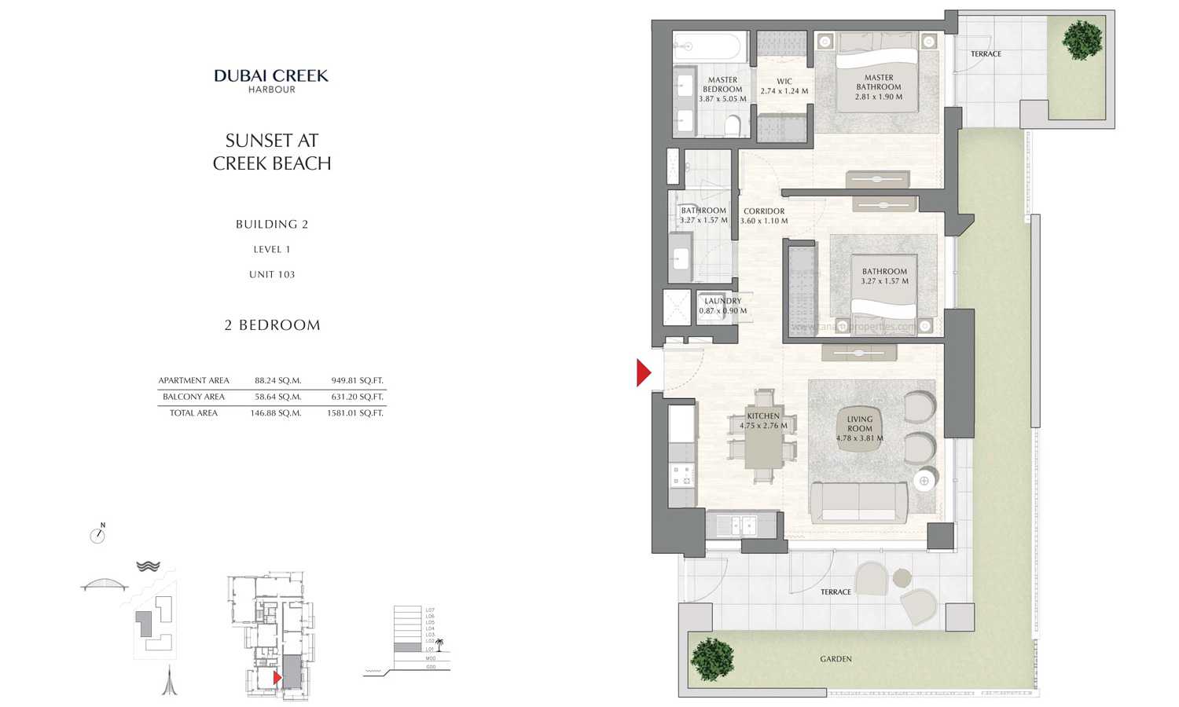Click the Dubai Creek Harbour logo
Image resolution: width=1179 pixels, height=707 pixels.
coord(271,80)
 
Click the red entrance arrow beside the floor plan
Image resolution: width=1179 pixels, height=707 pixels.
coord(644,372)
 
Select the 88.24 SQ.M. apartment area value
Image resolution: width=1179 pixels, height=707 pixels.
coord(277,381)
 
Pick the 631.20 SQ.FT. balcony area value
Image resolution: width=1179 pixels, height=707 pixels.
coord(357,397)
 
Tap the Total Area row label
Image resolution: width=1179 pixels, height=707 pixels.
coord(193,413)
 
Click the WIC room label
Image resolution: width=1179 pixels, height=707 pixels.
coord(784,86)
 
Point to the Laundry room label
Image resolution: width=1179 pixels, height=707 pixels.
coord(722,306)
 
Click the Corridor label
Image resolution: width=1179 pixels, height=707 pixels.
coord(764,216)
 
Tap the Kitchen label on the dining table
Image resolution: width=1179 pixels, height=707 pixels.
coord(763,421)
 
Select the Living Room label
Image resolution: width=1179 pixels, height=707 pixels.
coord(859,429)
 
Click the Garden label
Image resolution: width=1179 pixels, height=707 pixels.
coord(836,659)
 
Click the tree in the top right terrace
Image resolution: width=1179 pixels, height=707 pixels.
coord(1082,39)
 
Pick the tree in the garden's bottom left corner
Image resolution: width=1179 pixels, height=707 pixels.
coord(712,658)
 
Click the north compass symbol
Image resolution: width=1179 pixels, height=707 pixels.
coord(97,536)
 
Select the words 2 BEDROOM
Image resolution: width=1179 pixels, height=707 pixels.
coord(272,325)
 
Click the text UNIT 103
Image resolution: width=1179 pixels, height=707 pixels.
coord(272,274)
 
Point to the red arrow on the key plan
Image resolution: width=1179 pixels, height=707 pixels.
coord(277,677)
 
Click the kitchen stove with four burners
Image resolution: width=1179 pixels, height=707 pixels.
coord(681,474)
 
